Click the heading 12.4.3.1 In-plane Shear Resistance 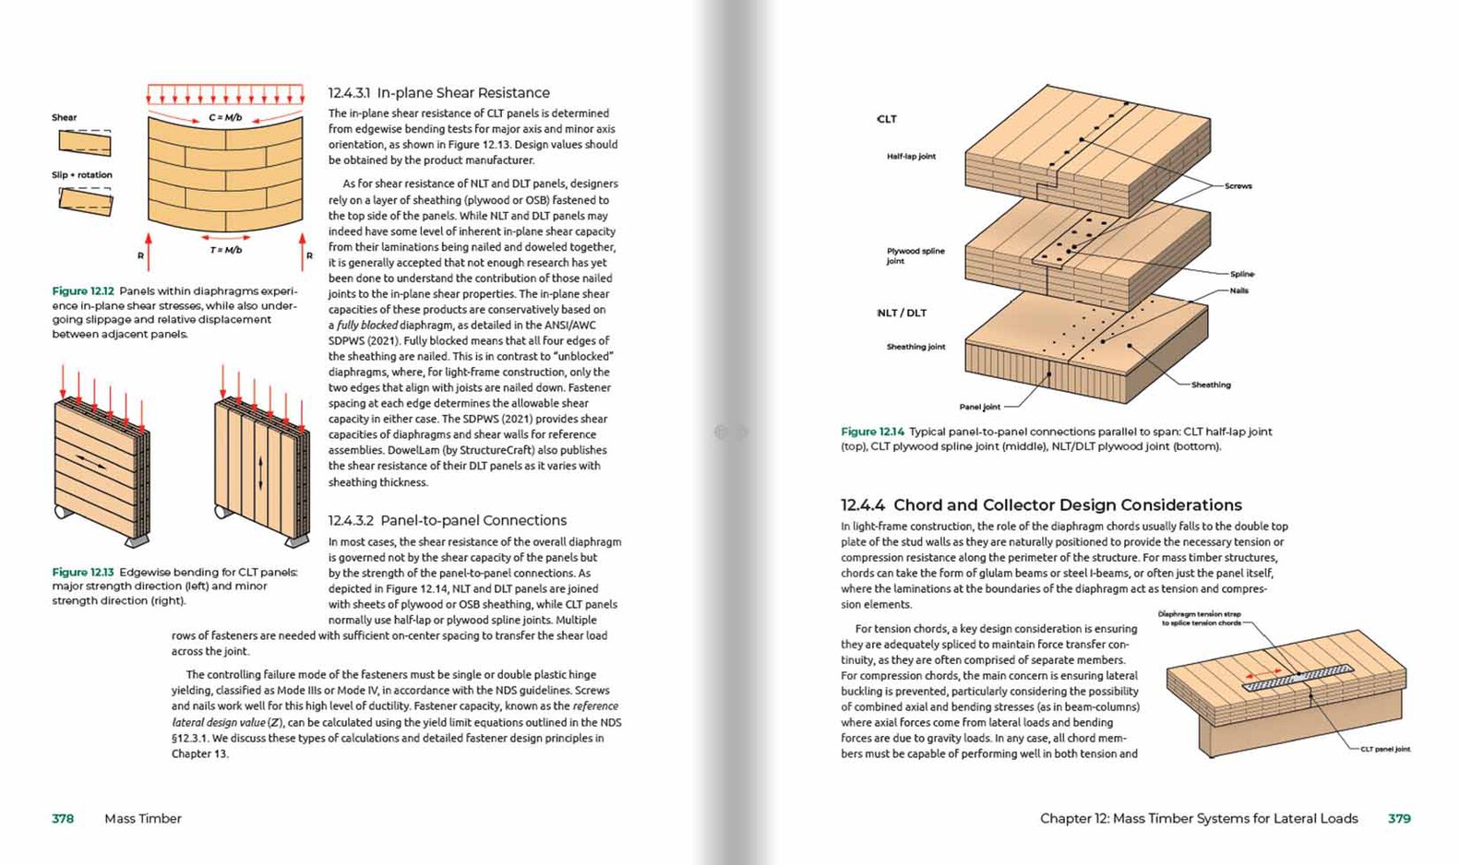pyautogui.click(x=438, y=93)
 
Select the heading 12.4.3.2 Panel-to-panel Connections pyautogui.click(x=448, y=521)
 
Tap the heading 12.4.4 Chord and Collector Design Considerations pyautogui.click(x=1041, y=505)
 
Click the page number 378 pyautogui.click(x=63, y=819)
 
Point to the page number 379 pyautogui.click(x=1399, y=819)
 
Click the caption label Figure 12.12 pyautogui.click(x=83, y=291)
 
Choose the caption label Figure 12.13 pyautogui.click(x=83, y=573)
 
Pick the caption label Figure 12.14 pyautogui.click(x=872, y=432)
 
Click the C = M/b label pyautogui.click(x=225, y=118)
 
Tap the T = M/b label pyautogui.click(x=226, y=250)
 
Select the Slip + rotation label pyautogui.click(x=82, y=175)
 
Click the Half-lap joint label pyautogui.click(x=911, y=157)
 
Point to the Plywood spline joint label pyautogui.click(x=915, y=255)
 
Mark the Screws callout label pyautogui.click(x=1239, y=186)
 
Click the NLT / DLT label pyautogui.click(x=902, y=314)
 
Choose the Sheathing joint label pyautogui.click(x=915, y=347)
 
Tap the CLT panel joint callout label pyautogui.click(x=1385, y=749)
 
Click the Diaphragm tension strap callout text pyautogui.click(x=1200, y=618)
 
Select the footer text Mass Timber pyautogui.click(x=143, y=819)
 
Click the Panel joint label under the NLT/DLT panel pyautogui.click(x=979, y=407)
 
